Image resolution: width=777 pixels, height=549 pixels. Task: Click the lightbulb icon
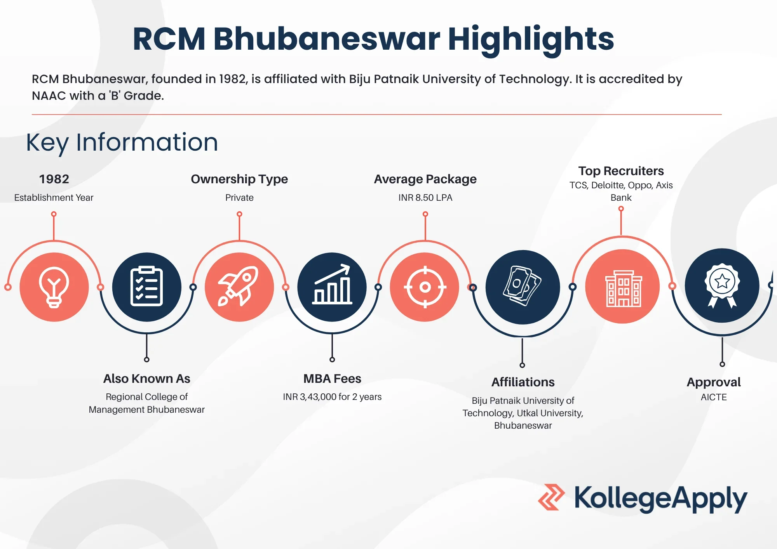[x=54, y=287]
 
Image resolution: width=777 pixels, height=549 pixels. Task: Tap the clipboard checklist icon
[x=146, y=287]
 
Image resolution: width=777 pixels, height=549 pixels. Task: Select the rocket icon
[x=238, y=286]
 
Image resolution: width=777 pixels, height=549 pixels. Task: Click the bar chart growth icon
[x=332, y=284]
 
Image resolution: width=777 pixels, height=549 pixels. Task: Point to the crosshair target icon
[x=425, y=287]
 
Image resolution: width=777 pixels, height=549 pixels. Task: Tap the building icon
[x=623, y=288]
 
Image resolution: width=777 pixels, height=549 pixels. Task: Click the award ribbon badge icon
[x=722, y=286]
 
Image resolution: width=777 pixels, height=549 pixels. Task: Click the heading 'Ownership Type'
[x=239, y=179]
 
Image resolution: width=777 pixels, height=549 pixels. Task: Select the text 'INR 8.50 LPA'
[x=425, y=198]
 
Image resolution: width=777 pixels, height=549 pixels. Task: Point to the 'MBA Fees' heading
[x=332, y=379]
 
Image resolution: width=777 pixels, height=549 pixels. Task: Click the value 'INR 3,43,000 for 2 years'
[x=332, y=397]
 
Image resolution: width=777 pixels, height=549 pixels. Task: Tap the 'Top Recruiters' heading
[x=621, y=171]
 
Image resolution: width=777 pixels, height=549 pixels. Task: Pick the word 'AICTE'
[x=714, y=397]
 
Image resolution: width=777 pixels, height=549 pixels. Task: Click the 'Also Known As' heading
[x=146, y=379]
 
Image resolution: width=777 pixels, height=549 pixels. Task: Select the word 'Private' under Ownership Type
[x=239, y=198]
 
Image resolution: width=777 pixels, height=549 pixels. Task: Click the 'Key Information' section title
[x=122, y=143]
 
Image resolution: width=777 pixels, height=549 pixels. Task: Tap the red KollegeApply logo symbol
[x=551, y=497]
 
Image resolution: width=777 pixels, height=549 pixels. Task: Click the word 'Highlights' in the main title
[x=531, y=39]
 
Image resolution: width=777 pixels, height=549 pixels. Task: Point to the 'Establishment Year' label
[x=54, y=198]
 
